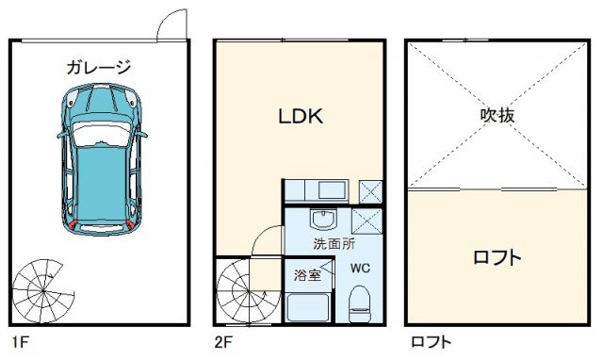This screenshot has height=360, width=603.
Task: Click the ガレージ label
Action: coord(99,67)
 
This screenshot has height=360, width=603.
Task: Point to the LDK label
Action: coord(300,117)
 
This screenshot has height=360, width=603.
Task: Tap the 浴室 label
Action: coord(307,276)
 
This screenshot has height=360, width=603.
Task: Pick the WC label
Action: coord(360,268)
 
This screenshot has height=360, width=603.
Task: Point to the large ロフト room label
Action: coord(496,257)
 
